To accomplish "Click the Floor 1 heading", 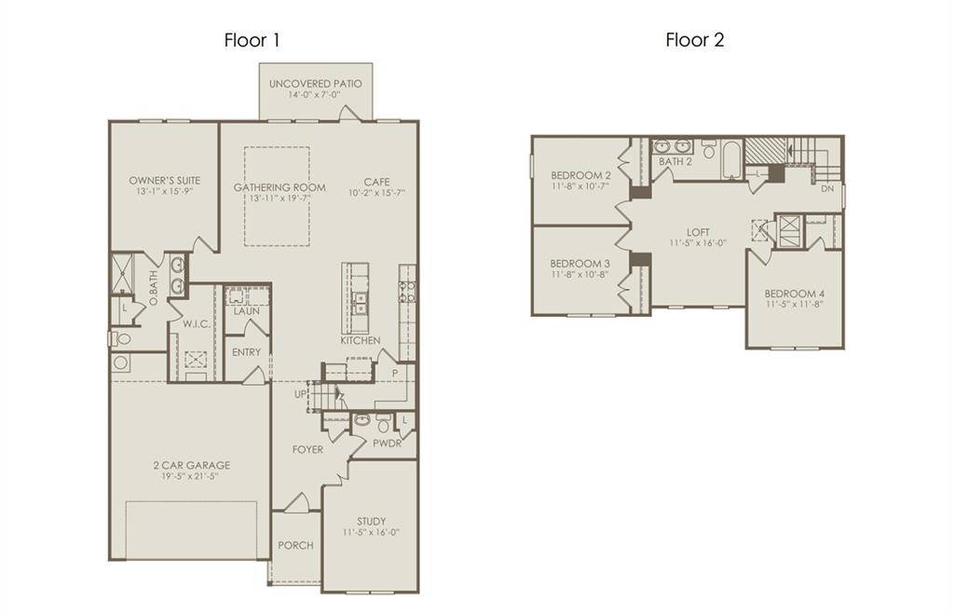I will pos(252,40).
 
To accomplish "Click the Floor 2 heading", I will pos(694,40).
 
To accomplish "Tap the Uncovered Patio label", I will pos(315,84).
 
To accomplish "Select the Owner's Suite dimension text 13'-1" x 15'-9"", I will pos(164,193).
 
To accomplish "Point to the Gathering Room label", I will pos(279,187).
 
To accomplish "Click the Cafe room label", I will pos(376,182).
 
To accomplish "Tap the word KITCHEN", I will pos(360,341).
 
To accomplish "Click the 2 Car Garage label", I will pos(191,465).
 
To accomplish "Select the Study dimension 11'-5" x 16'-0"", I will pos(371,533).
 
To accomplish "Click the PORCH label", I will pos(295,545).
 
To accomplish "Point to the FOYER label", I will pos(307,449).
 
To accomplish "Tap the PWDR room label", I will pos(387,444).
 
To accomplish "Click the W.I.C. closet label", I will pos(195,324).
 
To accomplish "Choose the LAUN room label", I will pos(246,311).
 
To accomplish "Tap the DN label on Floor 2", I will pos(827,188).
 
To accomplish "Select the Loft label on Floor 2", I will pos(698,232).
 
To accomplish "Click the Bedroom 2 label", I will pos(580,175).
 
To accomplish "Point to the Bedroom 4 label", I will pos(795,294).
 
